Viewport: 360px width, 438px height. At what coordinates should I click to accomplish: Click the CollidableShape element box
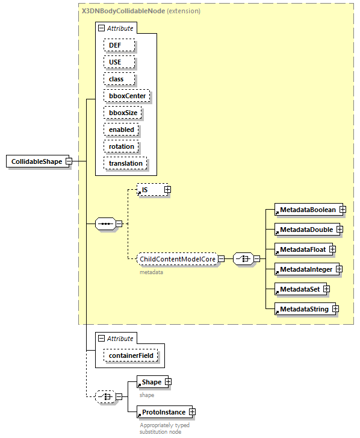(x=36, y=162)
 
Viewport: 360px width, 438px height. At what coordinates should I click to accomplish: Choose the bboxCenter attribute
(x=126, y=96)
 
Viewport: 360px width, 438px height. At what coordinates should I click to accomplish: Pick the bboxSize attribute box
(x=122, y=113)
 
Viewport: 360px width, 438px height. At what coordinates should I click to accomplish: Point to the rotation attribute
(x=122, y=146)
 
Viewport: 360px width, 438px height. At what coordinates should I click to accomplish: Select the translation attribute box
(x=126, y=163)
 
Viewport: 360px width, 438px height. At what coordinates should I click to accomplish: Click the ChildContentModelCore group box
(x=177, y=259)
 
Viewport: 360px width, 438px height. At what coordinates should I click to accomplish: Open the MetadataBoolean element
(x=306, y=210)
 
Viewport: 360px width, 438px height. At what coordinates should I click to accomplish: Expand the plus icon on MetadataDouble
(x=340, y=230)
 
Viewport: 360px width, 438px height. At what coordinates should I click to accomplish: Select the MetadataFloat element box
(x=301, y=249)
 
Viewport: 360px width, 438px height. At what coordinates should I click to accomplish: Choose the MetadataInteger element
(x=305, y=269)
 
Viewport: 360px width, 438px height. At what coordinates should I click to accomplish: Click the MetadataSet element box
(x=299, y=289)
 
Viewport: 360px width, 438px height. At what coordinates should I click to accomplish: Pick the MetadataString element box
(x=303, y=309)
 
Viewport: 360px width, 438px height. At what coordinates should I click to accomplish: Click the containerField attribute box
(x=131, y=356)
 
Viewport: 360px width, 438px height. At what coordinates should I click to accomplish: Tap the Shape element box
(x=151, y=382)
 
